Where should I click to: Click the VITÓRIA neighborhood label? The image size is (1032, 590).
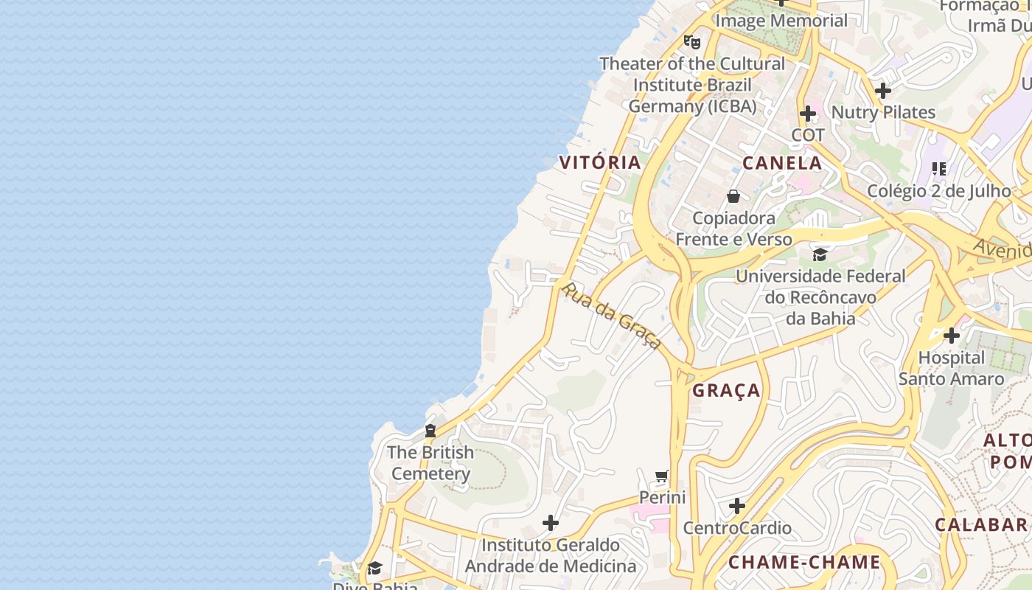coord(600,163)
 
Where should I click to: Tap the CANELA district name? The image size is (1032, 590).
coord(782,163)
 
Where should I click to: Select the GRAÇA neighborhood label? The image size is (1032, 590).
coord(726,391)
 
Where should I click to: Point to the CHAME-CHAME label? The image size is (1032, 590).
coord(804,563)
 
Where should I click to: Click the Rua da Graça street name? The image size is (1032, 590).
coord(610,315)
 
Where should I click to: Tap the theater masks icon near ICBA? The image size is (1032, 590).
coord(691,41)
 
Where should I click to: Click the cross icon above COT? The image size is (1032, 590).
coord(808,114)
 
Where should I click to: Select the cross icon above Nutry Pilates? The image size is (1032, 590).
coord(883,91)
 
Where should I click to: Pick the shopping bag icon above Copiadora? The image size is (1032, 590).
coord(733,196)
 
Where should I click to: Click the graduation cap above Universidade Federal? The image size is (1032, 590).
coord(820,255)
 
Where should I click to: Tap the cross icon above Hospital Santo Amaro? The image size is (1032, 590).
coord(952,336)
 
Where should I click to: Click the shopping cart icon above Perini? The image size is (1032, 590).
coord(662,476)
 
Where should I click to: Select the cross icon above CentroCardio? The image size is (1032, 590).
coord(737,506)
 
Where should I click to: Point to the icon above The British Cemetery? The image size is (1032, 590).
coord(430,431)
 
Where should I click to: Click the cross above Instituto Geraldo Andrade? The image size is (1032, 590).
coord(551,523)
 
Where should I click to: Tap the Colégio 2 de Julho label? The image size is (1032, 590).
coord(939,191)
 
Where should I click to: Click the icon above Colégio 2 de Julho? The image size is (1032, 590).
coord(939,169)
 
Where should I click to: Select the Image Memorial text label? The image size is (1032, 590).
coord(781,21)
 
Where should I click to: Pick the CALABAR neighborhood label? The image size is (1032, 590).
coord(981,524)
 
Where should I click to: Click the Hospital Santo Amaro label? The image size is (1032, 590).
coord(951,368)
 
